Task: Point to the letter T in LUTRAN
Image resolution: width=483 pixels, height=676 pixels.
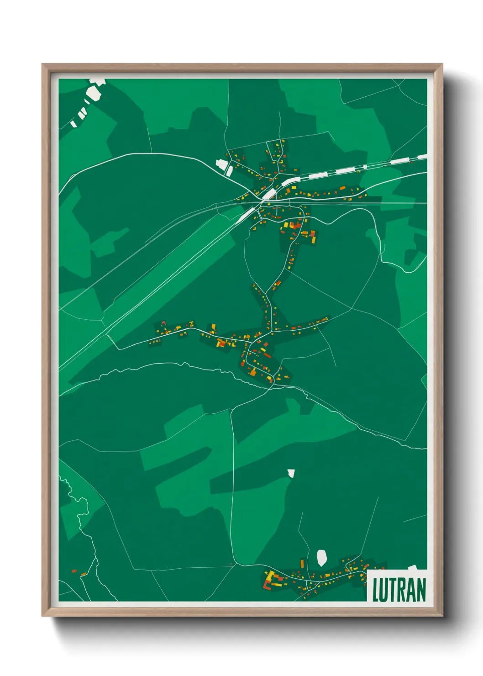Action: click(x=395, y=590)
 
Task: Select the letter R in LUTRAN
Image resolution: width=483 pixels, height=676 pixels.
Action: click(x=404, y=590)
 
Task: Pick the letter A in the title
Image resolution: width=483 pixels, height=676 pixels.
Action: click(x=412, y=590)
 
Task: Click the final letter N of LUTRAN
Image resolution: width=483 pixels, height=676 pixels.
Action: click(x=421, y=590)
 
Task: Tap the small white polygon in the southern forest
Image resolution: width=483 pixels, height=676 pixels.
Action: click(x=291, y=473)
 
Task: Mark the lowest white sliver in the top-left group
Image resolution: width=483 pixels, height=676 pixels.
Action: click(x=73, y=123)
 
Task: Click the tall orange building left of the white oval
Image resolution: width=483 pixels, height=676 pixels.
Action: click(x=302, y=563)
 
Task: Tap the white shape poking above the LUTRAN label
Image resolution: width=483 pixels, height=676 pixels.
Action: click(x=413, y=568)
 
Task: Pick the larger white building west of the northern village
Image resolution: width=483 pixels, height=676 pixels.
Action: click(x=221, y=164)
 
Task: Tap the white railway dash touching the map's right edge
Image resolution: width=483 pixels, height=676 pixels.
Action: click(x=422, y=157)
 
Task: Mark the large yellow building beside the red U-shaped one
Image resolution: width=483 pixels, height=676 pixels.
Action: click(x=271, y=576)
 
